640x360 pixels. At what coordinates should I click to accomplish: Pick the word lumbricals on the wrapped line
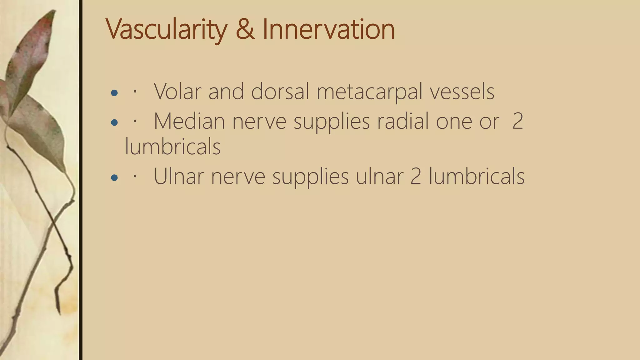tap(172, 147)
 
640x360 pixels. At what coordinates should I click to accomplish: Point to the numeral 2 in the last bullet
tap(416, 177)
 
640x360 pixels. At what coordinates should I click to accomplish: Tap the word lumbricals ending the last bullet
tap(477, 177)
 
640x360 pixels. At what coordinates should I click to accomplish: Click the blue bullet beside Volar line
tap(114, 93)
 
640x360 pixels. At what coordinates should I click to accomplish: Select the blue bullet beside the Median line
tap(114, 122)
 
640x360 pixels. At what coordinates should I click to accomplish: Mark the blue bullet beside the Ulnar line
tap(114, 178)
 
